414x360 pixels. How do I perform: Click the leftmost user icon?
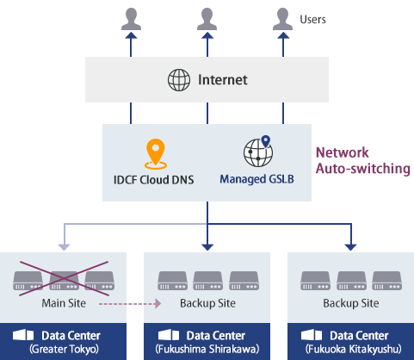130,17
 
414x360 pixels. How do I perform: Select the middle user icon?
207,17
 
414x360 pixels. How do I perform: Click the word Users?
313,18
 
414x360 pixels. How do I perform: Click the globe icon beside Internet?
178,80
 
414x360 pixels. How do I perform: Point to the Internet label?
222,80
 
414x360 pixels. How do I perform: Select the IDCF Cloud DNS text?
155,181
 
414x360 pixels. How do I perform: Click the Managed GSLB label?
256,181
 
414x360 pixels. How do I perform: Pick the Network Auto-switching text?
361,160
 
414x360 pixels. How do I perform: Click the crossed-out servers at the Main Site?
63,280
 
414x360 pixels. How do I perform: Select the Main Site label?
63,303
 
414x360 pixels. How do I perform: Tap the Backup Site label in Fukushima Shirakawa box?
207,303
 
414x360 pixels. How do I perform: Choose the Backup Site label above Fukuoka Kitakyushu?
350,303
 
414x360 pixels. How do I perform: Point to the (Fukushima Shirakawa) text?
207,349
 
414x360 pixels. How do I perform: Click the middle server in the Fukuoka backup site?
350,280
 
